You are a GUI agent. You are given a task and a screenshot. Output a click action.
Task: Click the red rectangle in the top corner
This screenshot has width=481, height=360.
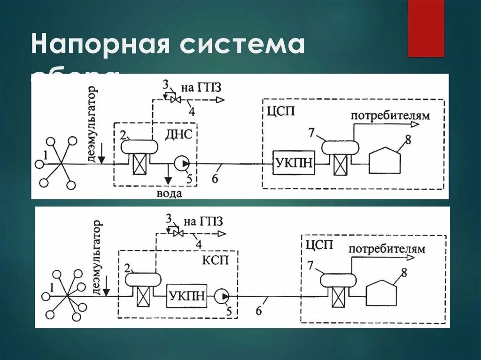[426, 28]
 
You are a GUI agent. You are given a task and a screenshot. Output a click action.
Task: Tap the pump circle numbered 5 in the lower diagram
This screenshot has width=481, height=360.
[221, 296]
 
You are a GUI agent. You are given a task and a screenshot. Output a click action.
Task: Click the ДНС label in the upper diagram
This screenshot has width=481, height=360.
[178, 135]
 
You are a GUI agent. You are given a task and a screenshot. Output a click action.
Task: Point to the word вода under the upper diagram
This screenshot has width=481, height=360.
[169, 193]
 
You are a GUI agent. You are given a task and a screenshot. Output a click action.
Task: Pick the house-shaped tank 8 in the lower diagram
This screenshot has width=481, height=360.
[382, 293]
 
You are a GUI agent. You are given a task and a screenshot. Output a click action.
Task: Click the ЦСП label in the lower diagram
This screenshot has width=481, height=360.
[319, 245]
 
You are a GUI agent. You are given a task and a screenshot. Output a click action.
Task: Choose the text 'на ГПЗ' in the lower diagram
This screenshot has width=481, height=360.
[203, 221]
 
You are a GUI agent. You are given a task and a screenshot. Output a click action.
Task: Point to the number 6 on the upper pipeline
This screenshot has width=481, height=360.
[216, 176]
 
